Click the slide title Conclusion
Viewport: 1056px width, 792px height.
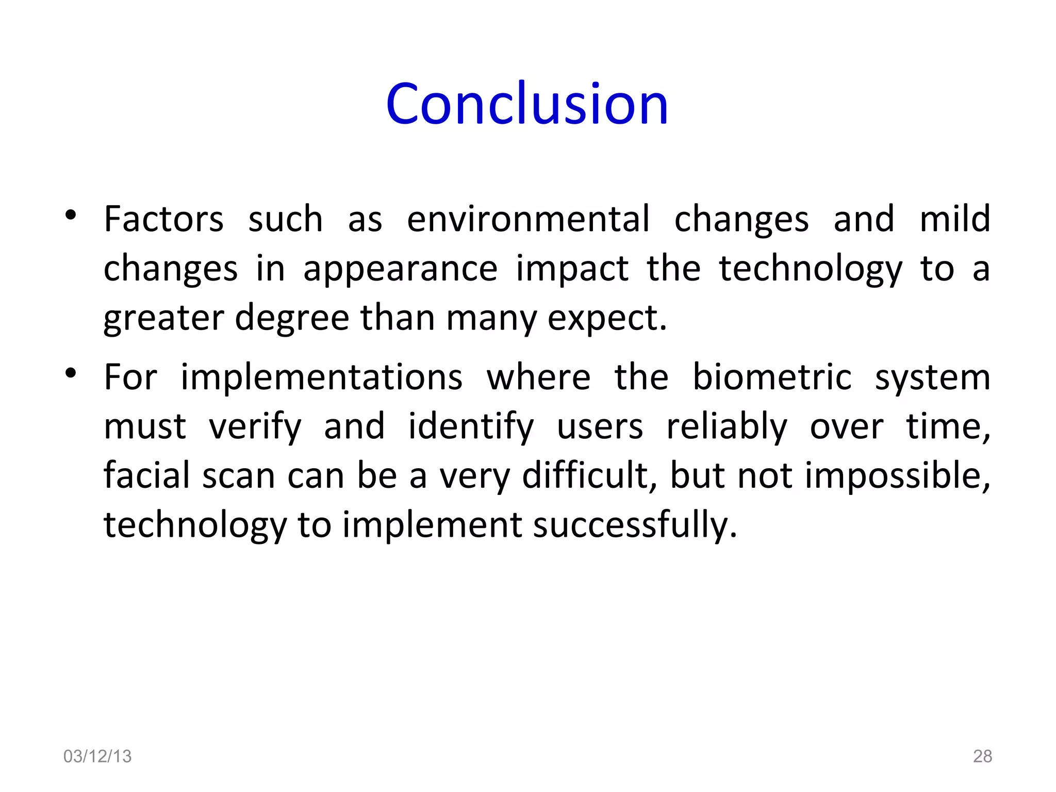(x=527, y=104)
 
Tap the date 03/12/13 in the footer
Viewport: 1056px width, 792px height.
(x=97, y=756)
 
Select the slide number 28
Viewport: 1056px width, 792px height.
(x=982, y=756)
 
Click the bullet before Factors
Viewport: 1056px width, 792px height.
(x=71, y=215)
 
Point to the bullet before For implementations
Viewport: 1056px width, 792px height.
(x=71, y=372)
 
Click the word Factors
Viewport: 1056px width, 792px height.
(x=163, y=219)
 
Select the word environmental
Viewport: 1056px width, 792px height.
(x=528, y=219)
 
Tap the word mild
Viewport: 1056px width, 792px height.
(x=955, y=219)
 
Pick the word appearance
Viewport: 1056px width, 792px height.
(x=400, y=270)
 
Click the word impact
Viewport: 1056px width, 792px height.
(x=572, y=270)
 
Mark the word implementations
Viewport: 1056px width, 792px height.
(x=321, y=377)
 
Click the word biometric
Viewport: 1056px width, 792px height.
(x=771, y=377)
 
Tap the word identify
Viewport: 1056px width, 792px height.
(x=471, y=427)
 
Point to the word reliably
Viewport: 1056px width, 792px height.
(x=727, y=427)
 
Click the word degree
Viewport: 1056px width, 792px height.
(x=292, y=319)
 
